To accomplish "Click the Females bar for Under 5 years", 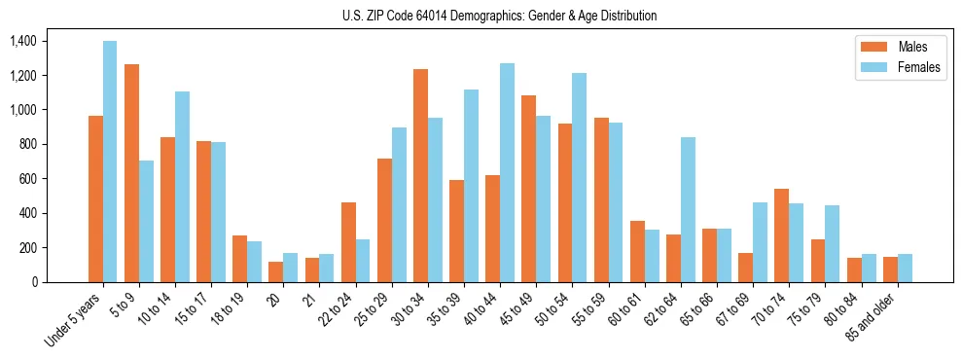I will (x=110, y=162).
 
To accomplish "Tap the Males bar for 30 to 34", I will (x=420, y=175).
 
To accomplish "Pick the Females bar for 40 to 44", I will (x=507, y=172).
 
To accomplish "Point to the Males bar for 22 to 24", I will (x=348, y=242).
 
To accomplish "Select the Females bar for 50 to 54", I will (x=579, y=177).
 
